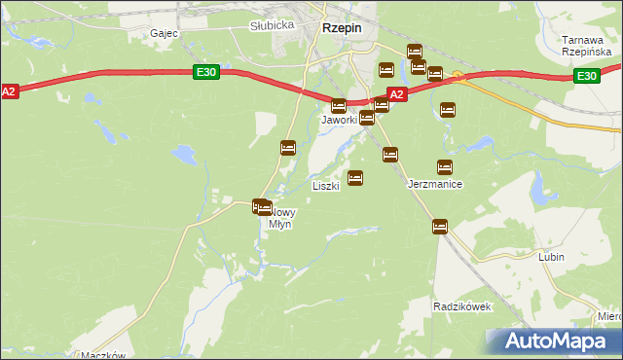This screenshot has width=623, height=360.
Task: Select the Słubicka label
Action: click(272, 25)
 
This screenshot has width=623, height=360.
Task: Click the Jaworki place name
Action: click(340, 120)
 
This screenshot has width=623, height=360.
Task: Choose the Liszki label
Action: click(325, 185)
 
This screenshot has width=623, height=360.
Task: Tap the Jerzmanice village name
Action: click(434, 184)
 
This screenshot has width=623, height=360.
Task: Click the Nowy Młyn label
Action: click(279, 218)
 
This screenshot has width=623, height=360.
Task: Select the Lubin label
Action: click(552, 258)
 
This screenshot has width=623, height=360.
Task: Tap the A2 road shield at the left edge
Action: click(9, 90)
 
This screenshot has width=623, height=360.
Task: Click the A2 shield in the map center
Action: click(396, 94)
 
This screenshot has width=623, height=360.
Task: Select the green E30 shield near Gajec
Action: click(204, 72)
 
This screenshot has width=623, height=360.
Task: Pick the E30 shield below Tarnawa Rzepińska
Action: click(585, 76)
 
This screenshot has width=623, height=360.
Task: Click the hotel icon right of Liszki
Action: click(355, 178)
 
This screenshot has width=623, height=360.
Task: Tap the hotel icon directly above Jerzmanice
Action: click(445, 166)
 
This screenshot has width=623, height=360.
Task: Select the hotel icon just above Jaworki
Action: click(339, 105)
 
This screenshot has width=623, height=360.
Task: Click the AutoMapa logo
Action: click(552, 341)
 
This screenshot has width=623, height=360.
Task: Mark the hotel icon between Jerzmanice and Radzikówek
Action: click(439, 227)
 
